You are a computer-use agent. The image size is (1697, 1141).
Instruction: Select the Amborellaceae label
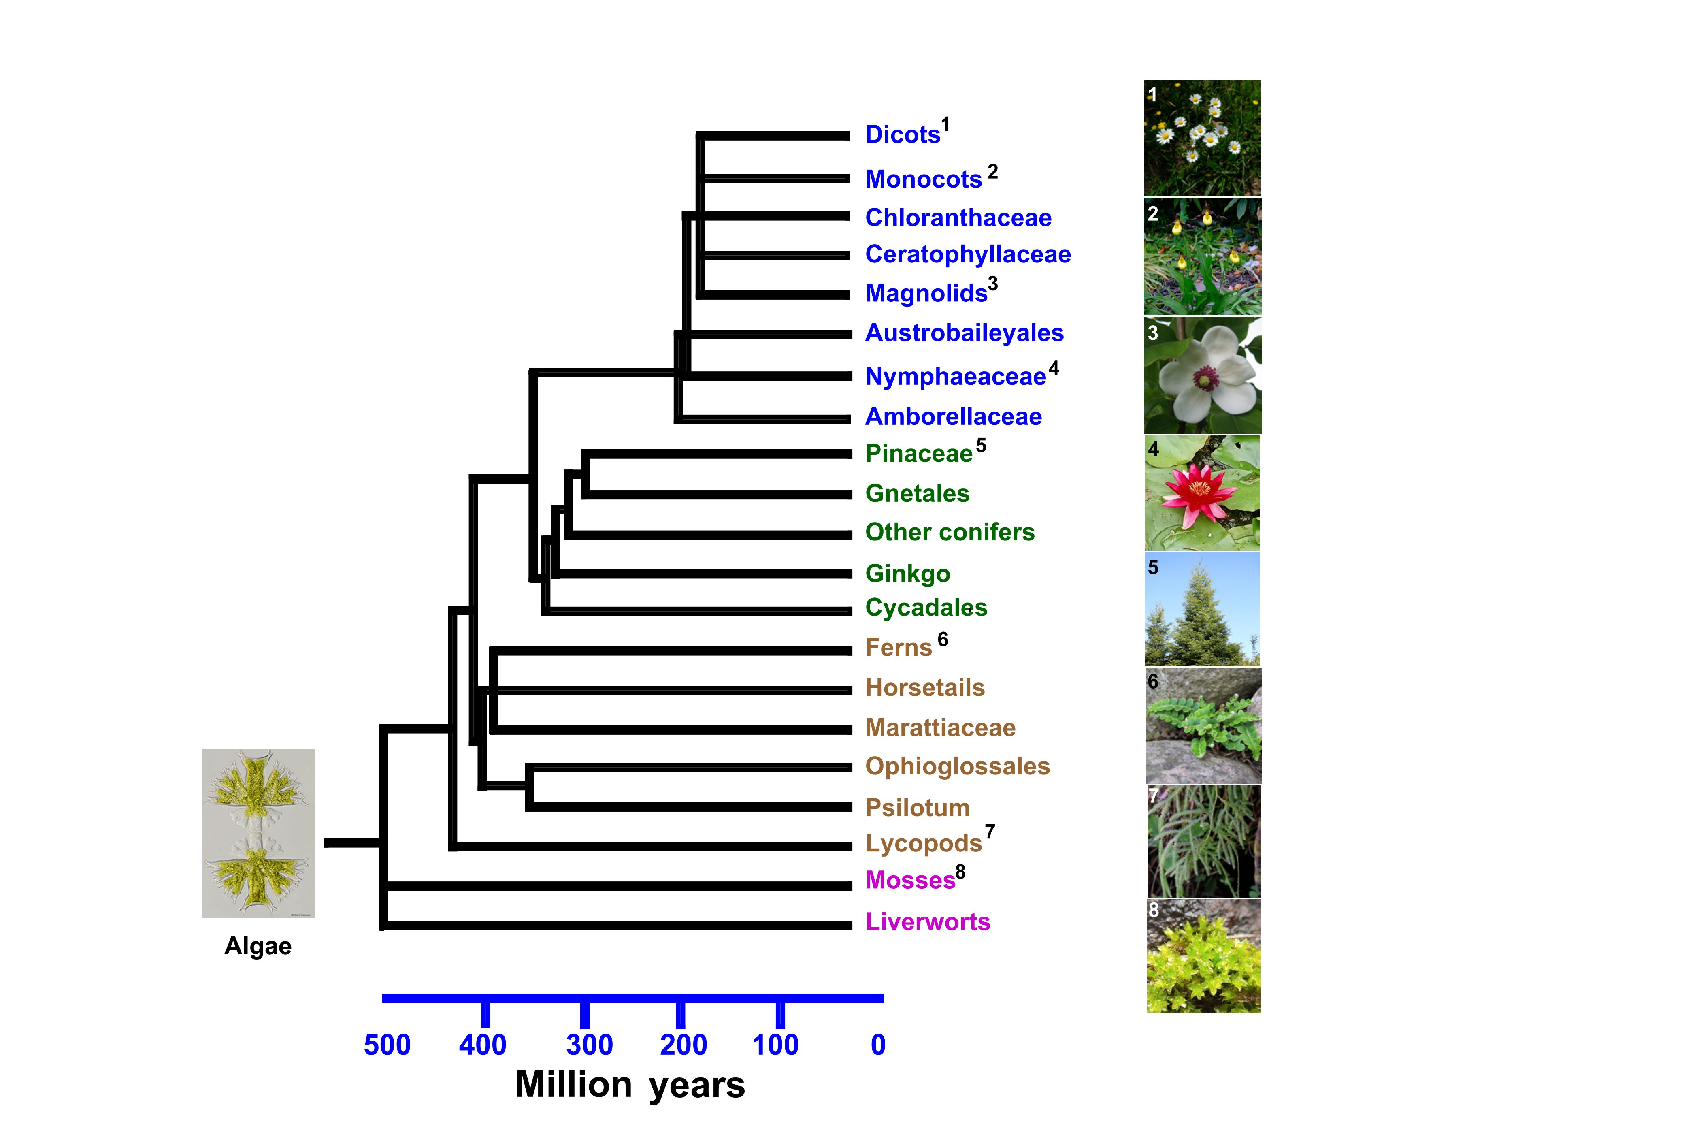(953, 416)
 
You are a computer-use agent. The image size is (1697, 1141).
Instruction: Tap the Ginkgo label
(907, 574)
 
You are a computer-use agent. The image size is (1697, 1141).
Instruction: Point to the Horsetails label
(924, 688)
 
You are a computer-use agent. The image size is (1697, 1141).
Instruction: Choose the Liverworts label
(927, 922)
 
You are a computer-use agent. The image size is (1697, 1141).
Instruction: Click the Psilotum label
(917, 808)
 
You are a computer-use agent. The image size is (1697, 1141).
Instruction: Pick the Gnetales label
(917, 493)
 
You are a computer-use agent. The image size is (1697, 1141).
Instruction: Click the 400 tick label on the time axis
(482, 1045)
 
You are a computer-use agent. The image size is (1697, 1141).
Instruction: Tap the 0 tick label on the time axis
(878, 1045)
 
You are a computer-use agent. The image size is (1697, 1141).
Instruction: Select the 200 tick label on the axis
(683, 1045)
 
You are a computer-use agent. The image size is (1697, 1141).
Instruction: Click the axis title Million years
(630, 1085)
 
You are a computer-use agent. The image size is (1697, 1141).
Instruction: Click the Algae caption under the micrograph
(258, 946)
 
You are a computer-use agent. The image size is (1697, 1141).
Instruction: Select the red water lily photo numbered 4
(1202, 493)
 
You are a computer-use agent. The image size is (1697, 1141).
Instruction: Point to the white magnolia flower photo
(1202, 375)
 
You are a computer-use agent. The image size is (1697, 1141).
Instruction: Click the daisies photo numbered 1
(1202, 138)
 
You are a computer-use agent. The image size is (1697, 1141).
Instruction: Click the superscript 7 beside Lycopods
(990, 832)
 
